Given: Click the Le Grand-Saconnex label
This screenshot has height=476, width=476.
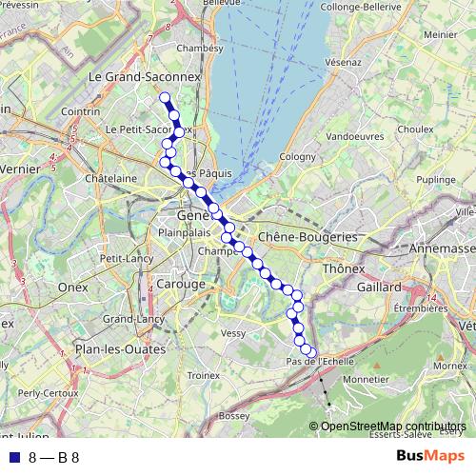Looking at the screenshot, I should (x=131, y=76).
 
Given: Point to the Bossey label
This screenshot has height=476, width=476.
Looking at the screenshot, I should (x=233, y=416).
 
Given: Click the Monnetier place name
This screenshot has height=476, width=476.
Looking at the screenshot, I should (x=366, y=379).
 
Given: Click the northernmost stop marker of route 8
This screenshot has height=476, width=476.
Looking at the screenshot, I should (x=164, y=97).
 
